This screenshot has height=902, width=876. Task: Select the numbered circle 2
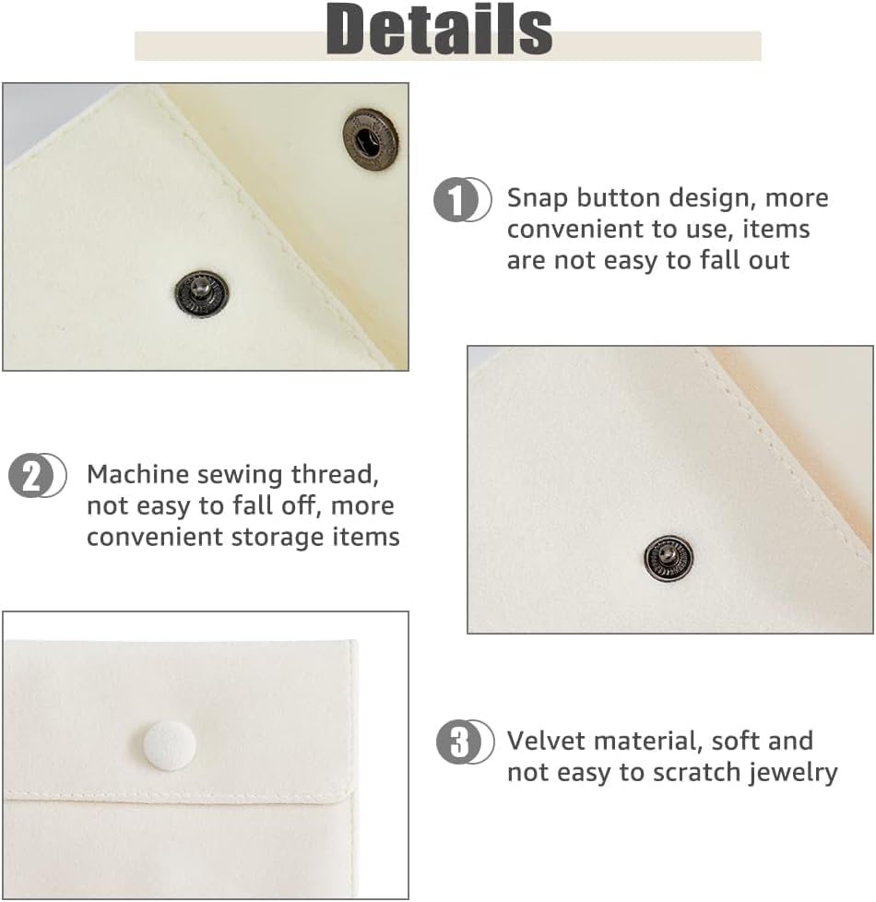coord(30,477)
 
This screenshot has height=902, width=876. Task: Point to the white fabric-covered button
coord(169,745)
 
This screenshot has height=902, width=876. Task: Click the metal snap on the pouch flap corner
coord(370,134)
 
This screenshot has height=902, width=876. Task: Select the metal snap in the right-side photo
coord(669,560)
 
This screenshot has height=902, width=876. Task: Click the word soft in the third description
coord(742,741)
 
